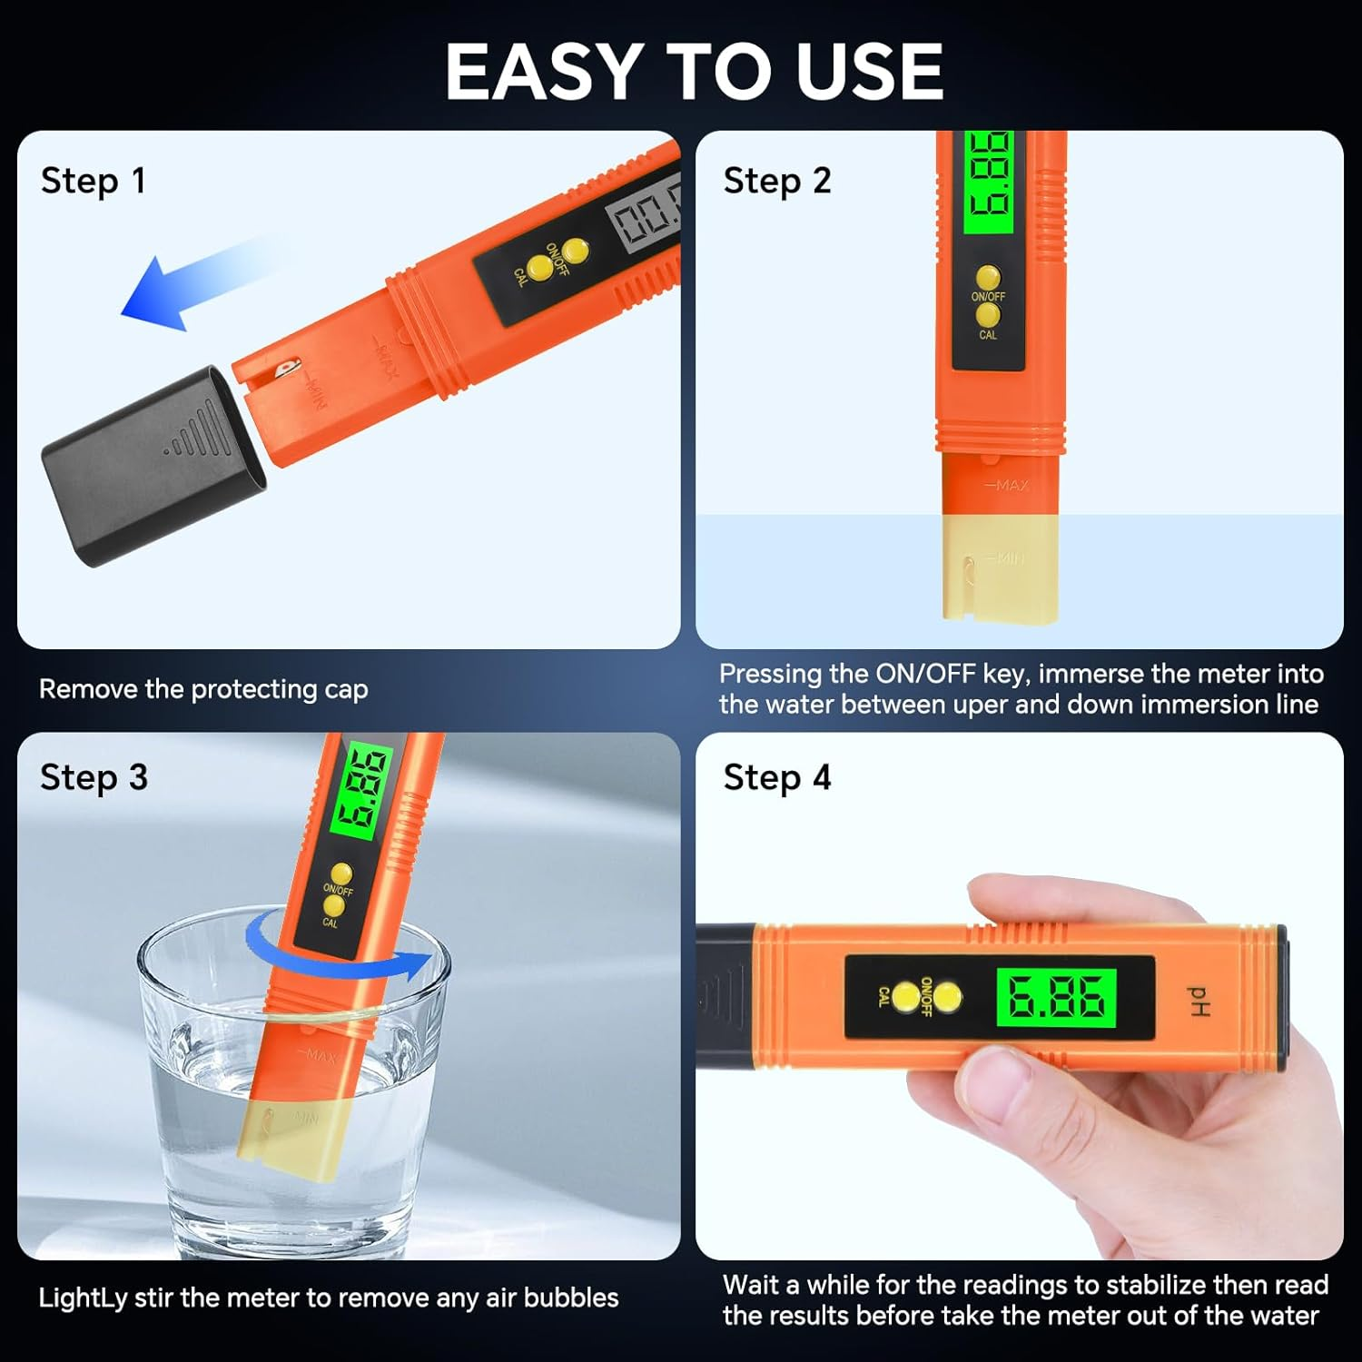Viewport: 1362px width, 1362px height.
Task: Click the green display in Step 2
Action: click(988, 182)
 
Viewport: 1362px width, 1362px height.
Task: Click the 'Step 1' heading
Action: click(93, 181)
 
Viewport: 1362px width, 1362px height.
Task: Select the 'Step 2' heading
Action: click(777, 181)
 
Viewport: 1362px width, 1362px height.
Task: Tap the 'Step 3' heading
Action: click(94, 778)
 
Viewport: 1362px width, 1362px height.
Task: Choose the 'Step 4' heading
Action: click(777, 778)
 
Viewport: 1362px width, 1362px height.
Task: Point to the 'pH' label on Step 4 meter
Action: click(1199, 1001)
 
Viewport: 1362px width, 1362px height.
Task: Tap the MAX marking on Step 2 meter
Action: click(1011, 486)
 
